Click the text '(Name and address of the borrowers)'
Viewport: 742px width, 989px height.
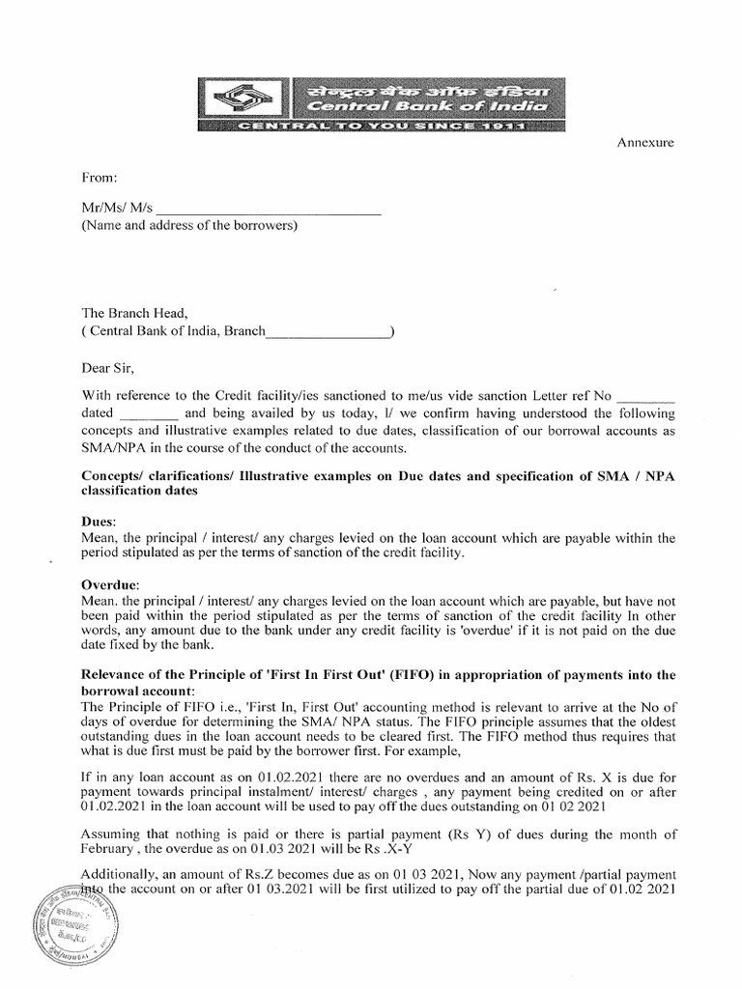[189, 227]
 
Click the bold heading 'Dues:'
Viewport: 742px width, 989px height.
[100, 521]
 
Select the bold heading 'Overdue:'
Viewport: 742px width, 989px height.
[111, 585]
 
